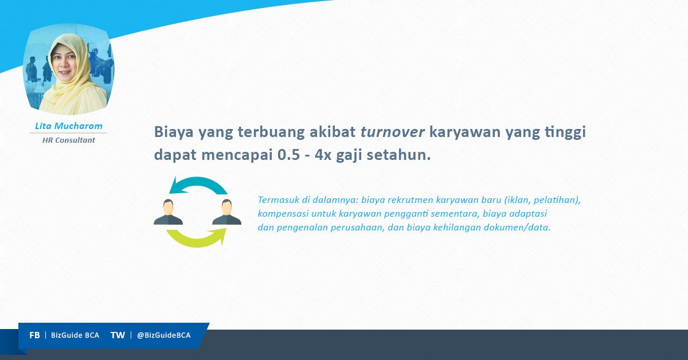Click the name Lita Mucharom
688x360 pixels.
68,126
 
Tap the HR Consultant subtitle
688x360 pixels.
68,140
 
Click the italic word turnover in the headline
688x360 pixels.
393,132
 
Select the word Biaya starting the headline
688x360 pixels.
174,132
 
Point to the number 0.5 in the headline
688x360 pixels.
288,155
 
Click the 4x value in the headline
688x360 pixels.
323,155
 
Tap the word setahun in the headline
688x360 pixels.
398,155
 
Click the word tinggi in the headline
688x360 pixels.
565,132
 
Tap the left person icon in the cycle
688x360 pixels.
169,212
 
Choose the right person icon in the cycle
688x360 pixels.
226,212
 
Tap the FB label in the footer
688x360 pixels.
34,335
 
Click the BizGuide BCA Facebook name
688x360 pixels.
75,335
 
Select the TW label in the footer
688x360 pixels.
118,335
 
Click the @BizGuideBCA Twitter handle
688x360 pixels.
164,335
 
